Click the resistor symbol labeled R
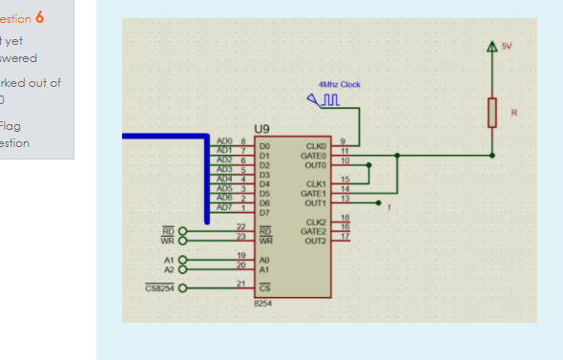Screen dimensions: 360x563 coord(492,112)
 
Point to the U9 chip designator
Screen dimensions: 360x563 coord(261,128)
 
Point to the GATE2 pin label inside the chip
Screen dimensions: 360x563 coord(314,231)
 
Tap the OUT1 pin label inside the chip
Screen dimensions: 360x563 coord(315,202)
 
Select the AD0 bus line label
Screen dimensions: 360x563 coord(225,141)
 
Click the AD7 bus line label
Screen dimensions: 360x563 coord(225,206)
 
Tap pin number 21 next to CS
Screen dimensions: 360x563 coord(240,284)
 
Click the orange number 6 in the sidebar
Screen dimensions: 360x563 coord(39,18)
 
